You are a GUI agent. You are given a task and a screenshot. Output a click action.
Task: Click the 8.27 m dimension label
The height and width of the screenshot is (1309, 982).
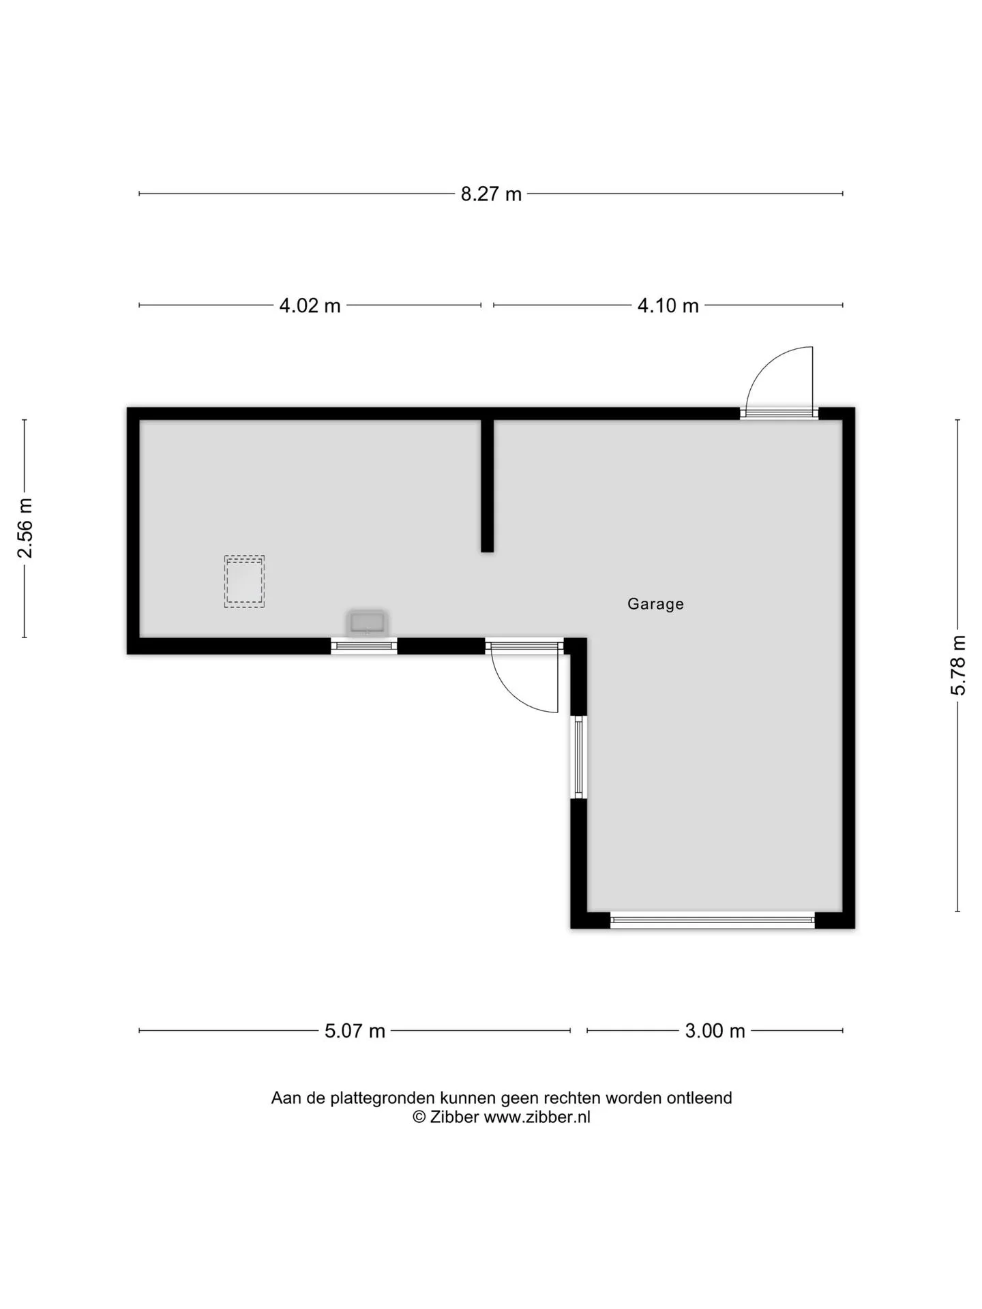coord(491,194)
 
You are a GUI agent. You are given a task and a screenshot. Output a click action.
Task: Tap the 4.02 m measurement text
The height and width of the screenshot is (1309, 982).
coord(310,305)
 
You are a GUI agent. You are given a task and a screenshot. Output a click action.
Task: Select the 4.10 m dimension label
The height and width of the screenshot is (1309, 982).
coord(668,305)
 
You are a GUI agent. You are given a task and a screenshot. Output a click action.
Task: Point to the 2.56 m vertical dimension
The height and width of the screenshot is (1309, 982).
coord(25,528)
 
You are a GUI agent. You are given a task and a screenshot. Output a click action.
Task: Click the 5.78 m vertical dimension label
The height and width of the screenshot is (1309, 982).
coord(958,665)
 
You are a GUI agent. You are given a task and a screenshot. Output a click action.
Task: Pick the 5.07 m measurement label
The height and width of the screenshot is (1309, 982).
coord(355,1030)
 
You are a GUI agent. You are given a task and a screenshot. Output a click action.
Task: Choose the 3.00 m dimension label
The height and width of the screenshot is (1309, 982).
coord(715,1030)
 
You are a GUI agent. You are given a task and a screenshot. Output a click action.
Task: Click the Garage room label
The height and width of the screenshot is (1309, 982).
coord(655,604)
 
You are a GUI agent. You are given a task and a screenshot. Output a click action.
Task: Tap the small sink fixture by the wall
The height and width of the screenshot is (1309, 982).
coord(367,623)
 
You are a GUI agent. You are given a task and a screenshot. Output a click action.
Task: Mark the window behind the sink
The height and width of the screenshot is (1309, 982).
coord(364,646)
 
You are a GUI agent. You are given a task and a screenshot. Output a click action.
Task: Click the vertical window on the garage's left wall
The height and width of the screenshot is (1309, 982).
coord(578,757)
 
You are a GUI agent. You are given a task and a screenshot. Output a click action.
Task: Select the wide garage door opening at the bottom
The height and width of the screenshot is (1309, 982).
coord(713,920)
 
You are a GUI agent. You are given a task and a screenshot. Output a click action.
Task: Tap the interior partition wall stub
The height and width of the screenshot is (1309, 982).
coord(487,486)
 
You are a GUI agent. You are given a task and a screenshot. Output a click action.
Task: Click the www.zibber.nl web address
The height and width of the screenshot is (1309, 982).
coord(537,1117)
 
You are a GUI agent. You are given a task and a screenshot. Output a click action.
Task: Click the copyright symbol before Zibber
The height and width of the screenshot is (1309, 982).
coord(419,1117)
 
